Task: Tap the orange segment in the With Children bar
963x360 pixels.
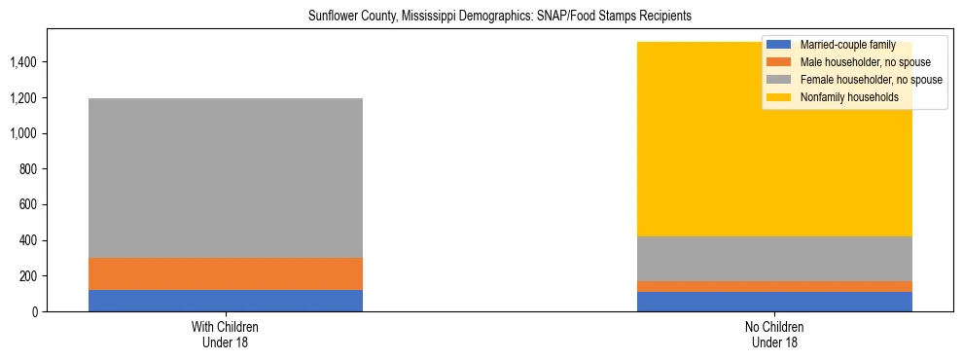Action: (226, 274)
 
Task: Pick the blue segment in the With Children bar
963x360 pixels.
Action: (226, 301)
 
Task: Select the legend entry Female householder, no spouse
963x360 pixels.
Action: (871, 80)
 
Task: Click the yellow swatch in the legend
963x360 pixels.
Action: (779, 97)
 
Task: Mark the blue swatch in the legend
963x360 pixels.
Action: (779, 45)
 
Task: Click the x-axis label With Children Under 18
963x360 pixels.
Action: (226, 334)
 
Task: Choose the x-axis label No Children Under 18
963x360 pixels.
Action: (774, 334)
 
